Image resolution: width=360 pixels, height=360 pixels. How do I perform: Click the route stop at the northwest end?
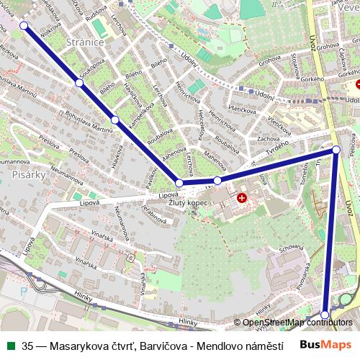[x=24, y=25]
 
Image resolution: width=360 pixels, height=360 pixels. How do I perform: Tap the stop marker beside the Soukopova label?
[x=79, y=84]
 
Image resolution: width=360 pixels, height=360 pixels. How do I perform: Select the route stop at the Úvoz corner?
[x=336, y=150]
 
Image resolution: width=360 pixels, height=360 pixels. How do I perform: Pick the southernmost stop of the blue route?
[x=325, y=315]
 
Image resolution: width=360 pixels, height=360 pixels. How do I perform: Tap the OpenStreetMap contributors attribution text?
[x=297, y=323]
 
